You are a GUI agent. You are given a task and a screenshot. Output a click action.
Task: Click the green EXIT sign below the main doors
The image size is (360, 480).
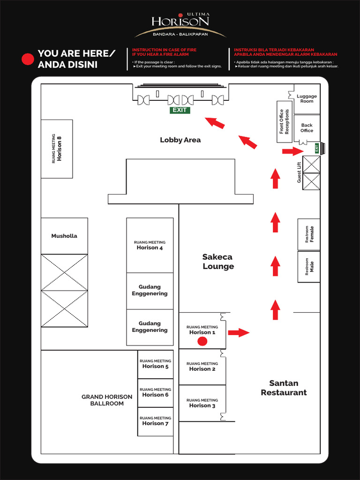pyautogui.click(x=180, y=110)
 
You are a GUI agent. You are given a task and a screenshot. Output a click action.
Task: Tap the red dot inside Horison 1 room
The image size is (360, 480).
pyautogui.click(x=202, y=341)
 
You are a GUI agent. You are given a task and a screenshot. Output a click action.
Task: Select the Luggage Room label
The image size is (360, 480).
pyautogui.click(x=307, y=99)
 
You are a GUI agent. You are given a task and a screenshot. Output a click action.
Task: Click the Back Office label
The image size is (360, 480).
pyautogui.click(x=307, y=128)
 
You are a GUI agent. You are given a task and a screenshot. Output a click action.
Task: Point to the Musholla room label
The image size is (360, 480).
pyautogui.click(x=64, y=236)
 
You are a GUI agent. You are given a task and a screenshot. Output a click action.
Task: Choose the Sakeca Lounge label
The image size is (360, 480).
pyautogui.click(x=218, y=262)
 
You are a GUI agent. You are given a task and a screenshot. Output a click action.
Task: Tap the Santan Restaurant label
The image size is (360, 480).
pyautogui.click(x=284, y=388)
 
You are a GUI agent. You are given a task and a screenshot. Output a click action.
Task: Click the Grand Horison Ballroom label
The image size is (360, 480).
pyautogui.click(x=107, y=400)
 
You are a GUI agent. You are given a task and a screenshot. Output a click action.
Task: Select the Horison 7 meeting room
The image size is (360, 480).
pyautogui.click(x=155, y=421)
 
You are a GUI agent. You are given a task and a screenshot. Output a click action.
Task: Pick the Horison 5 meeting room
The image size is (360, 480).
pyautogui.click(x=155, y=364)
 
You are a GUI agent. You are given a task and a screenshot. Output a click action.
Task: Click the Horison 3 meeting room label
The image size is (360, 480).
pyautogui.click(x=202, y=403)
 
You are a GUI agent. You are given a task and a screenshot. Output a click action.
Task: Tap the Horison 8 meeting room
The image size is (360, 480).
pyautogui.click(x=57, y=149)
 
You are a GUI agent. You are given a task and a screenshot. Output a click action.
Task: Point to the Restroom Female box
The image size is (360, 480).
pyautogui.click(x=309, y=234)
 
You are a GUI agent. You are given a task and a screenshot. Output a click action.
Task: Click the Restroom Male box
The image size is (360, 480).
pyautogui.click(x=309, y=267)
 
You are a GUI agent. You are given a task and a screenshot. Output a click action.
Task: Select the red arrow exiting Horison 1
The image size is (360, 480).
pyautogui.click(x=239, y=333)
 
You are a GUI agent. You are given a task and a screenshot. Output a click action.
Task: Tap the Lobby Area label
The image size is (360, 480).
pyautogui.click(x=180, y=140)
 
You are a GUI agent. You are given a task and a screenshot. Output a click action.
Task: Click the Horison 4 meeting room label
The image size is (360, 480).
pyautogui.click(x=150, y=245)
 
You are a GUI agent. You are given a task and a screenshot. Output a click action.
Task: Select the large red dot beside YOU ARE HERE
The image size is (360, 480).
pyautogui.click(x=28, y=60)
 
